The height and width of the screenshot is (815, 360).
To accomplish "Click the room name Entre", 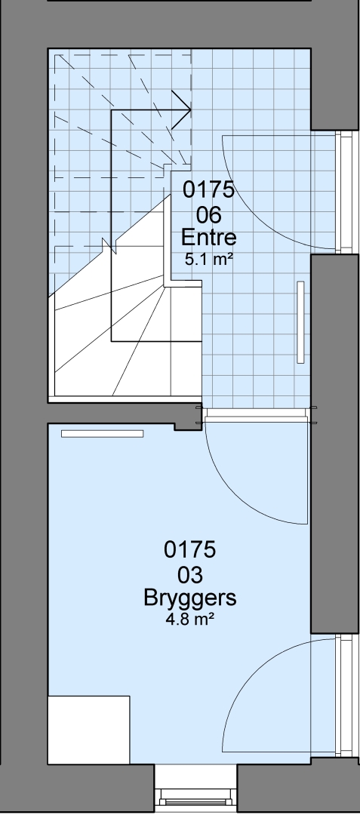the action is tap(209, 238).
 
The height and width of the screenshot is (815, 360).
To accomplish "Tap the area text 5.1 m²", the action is tap(209, 259).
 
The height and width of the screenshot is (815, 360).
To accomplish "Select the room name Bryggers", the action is tap(190, 598).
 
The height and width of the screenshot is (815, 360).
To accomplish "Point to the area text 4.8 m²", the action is tap(190, 620).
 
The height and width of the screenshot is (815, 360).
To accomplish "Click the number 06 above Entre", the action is tap(209, 214).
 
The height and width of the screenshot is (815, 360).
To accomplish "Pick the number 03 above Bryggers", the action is tap(190, 575).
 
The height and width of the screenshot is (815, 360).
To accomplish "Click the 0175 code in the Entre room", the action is tap(209, 189).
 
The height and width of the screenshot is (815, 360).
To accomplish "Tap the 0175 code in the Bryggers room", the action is tap(190, 549).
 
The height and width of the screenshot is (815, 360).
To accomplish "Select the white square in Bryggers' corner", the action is tap(89, 730).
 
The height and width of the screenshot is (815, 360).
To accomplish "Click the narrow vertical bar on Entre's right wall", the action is tap(300, 322).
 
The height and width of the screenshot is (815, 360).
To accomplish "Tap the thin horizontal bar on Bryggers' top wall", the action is tap(103, 433).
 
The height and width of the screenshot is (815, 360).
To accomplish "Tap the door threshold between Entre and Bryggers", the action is tap(256, 414).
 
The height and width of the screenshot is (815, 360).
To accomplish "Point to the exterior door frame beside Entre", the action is tap(345, 192).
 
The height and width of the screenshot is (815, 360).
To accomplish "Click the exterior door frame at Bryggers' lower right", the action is tap(345, 696).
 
